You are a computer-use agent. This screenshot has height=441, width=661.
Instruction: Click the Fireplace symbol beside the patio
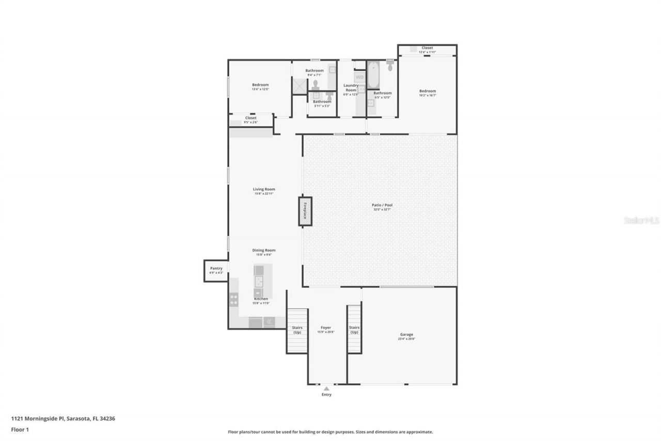305,211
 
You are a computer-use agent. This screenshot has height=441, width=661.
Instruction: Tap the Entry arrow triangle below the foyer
326,388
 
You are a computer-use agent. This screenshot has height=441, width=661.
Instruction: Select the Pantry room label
216,268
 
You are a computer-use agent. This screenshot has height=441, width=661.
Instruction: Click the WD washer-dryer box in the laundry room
359,77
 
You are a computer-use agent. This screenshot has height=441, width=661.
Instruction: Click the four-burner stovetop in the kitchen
233,300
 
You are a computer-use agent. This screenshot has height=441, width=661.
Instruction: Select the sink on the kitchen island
259,281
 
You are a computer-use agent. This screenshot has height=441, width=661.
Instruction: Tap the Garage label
406,334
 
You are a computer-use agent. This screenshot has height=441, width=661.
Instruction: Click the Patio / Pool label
382,205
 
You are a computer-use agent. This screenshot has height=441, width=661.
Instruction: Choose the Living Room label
263,189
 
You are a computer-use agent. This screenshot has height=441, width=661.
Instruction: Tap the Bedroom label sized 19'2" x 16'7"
427,91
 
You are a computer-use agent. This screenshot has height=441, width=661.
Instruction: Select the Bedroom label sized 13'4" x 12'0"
260,85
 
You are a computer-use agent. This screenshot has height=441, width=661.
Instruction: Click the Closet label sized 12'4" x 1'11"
427,48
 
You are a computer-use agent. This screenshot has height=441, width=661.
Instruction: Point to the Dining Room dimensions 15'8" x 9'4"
263,255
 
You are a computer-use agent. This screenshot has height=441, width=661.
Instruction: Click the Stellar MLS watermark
642,220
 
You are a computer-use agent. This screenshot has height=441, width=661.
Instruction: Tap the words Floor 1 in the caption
20,429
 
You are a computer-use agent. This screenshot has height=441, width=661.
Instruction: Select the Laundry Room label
351,88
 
